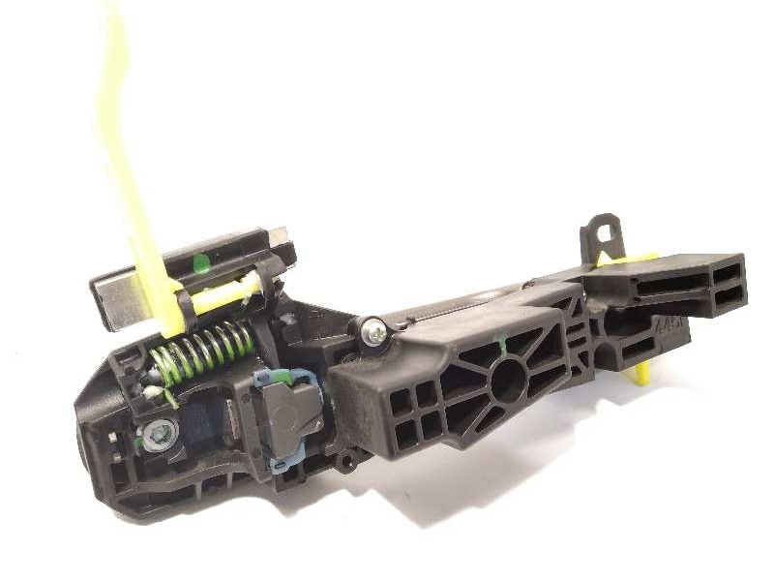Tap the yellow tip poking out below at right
pos(640,373)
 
